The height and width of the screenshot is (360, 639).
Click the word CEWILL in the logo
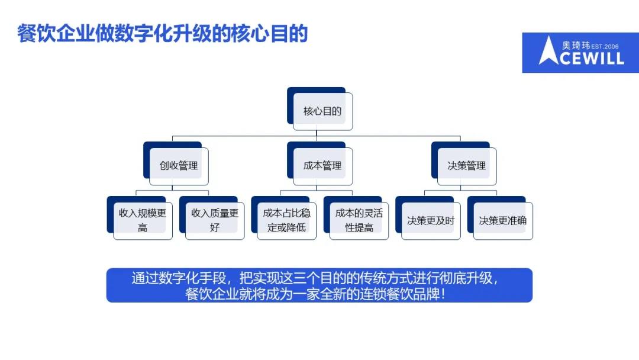click(x=592, y=59)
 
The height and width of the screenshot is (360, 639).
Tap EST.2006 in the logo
click(x=605, y=46)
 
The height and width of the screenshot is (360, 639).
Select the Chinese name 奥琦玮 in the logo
click(x=576, y=45)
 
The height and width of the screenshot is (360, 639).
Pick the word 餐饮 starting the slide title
click(x=36, y=33)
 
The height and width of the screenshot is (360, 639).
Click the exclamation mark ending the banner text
click(x=443, y=294)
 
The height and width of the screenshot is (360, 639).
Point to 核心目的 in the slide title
click(x=269, y=33)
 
